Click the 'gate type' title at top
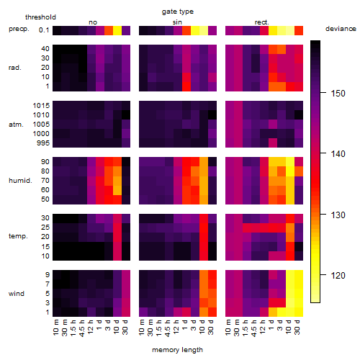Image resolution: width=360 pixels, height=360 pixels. (178, 12)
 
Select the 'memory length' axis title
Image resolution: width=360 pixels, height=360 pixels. (177, 350)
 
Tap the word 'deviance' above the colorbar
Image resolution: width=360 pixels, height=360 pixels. (341, 29)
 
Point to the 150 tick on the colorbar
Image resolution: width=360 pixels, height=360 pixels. (323, 93)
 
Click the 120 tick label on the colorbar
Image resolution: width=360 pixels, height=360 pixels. (338, 276)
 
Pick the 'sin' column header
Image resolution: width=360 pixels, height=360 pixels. (177, 22)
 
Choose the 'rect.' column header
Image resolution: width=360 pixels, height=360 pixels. (261, 22)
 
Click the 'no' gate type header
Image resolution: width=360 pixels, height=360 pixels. (93, 22)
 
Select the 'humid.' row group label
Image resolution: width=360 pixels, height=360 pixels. (20, 181)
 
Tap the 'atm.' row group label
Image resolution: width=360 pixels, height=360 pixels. (16, 125)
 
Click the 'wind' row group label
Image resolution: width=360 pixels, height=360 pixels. (17, 294)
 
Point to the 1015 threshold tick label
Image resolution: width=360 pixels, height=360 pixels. (41, 106)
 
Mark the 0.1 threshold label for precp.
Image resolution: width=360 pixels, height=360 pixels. (44, 30)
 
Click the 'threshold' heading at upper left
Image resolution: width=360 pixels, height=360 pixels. (40, 17)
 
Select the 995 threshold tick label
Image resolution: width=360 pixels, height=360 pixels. (43, 143)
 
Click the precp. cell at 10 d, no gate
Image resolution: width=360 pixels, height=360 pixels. (117, 31)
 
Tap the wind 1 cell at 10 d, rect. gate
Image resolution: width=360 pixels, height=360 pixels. (290, 312)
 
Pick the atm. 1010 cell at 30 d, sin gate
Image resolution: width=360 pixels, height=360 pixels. (212, 115)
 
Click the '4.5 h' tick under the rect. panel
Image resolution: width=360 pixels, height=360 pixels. (253, 328)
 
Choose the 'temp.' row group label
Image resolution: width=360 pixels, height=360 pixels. (18, 236)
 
